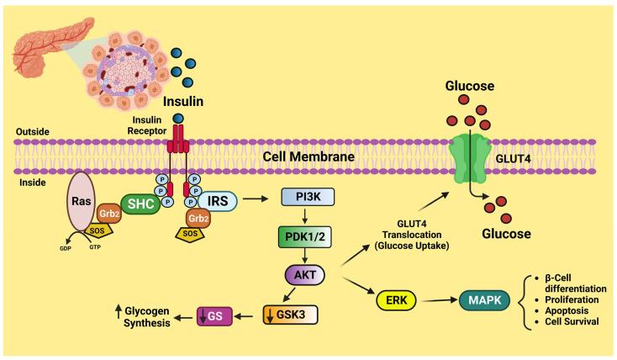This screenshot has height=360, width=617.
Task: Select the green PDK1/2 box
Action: coord(313,238)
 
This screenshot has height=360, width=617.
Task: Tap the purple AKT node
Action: coord(312,275)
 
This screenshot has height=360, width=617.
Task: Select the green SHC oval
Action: coord(141,203)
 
